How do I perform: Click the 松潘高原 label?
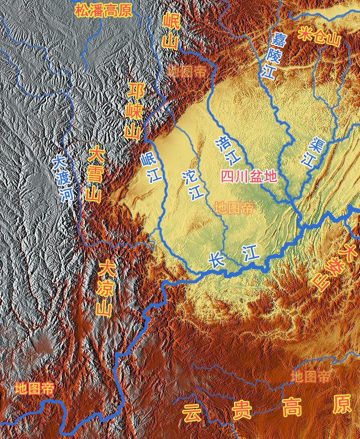tap(103, 10)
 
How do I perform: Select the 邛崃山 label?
tap(133, 111)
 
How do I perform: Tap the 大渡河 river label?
tap(63, 179)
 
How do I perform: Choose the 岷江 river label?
tap(151, 168)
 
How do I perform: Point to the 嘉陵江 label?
tap(273, 55)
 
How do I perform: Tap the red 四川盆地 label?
tap(249, 176)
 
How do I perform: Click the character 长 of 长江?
tap(217, 260)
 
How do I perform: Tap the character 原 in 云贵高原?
tap(341, 404)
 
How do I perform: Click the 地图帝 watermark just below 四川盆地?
tap(234, 208)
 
